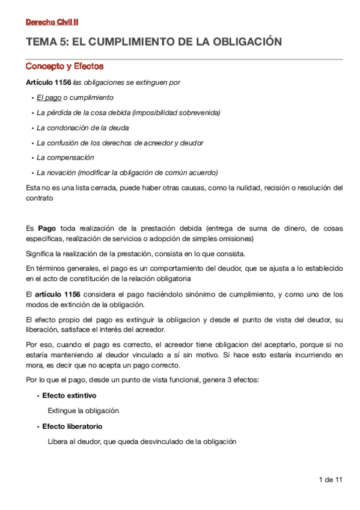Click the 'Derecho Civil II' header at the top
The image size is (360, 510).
coord(52,22)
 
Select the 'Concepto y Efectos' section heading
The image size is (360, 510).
coord(64,66)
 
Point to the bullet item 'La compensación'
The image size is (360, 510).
coord(66,158)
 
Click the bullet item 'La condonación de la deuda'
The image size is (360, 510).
coord(83,127)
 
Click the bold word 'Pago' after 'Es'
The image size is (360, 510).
coord(47,229)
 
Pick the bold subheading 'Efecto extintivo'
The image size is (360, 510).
coord(69,396)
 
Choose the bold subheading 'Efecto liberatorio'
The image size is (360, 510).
coord(72,426)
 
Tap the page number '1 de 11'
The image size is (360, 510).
coord(331,479)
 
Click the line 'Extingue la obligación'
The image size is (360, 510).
coord(84,411)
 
